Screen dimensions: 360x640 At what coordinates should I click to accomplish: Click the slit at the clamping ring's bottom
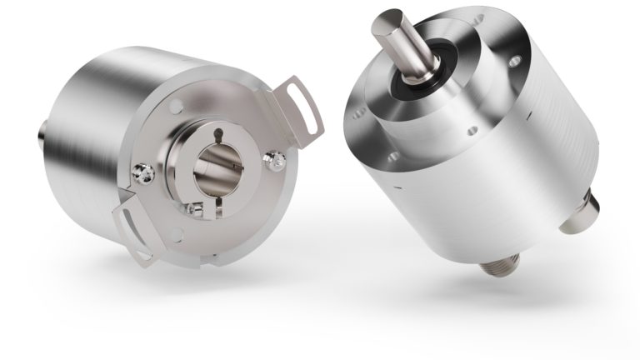209,210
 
